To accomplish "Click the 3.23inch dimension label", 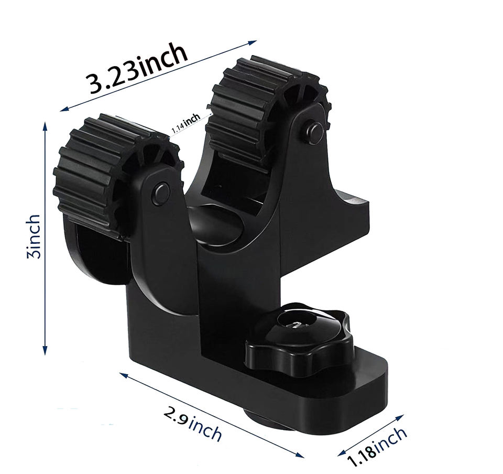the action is click(x=138, y=69).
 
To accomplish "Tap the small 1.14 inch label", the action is click(x=186, y=124).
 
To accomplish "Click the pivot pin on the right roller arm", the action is click(x=314, y=132).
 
